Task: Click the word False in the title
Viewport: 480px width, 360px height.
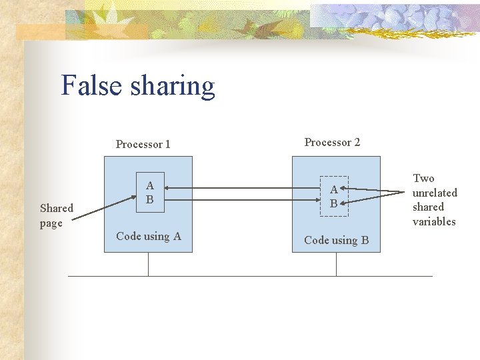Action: coord(91,86)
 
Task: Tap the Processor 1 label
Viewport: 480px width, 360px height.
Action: coord(143,144)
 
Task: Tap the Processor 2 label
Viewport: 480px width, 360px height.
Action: coord(332,142)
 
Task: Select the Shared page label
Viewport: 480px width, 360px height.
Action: coord(56,215)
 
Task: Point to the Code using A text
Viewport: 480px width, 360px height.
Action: coord(149,236)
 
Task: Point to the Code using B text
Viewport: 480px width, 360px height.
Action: coord(336,240)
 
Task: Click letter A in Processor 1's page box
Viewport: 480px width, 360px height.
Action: coord(149,185)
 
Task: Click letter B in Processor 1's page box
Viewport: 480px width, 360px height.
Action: coord(149,199)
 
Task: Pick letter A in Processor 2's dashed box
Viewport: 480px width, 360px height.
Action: coord(333,190)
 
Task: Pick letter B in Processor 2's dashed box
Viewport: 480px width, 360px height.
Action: coord(333,204)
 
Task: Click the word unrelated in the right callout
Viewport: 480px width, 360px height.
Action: coord(435,193)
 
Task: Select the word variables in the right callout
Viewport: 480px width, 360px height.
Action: coord(434,221)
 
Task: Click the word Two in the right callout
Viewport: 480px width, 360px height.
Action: coord(423,178)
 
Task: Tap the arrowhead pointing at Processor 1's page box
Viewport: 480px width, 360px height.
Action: coord(167,189)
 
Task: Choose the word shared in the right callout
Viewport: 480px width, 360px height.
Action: coord(428,207)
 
